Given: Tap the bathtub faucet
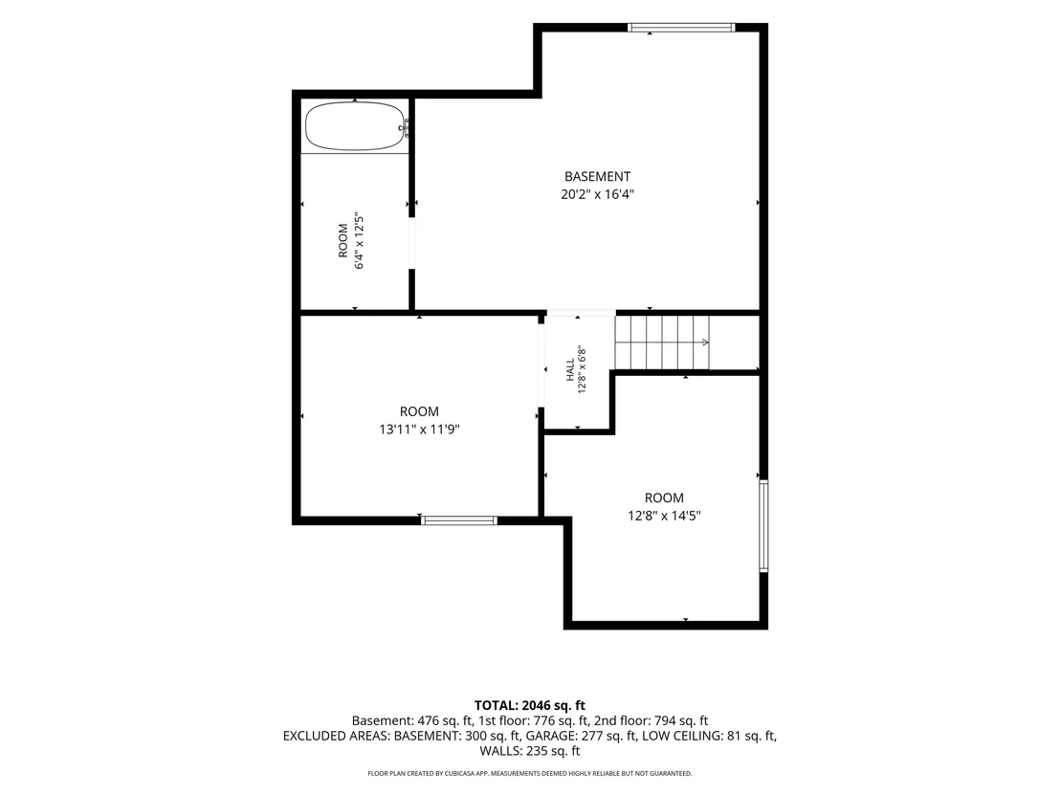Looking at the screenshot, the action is click(406, 126).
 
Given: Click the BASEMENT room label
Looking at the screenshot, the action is click(598, 176).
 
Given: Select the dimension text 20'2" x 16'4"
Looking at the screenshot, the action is click(598, 195).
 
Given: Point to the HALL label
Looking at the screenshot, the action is click(570, 370).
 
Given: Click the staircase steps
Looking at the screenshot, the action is click(662, 342).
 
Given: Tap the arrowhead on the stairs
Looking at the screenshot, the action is click(706, 342).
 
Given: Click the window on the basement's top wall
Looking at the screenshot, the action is click(681, 28).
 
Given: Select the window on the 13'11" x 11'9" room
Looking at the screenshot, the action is click(459, 520).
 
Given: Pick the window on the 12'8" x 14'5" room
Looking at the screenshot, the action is click(763, 526).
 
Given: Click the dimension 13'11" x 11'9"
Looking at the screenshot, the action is click(420, 430).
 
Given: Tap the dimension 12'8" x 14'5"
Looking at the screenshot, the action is click(664, 516).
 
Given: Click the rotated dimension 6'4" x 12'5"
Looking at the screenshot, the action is click(360, 241).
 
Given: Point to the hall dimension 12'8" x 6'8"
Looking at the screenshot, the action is click(582, 370).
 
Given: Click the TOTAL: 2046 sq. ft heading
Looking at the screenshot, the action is click(530, 706).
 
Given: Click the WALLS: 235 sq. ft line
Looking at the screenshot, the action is click(530, 750).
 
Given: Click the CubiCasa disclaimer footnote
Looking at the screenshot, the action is click(530, 773).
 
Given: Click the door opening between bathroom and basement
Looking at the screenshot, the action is click(411, 243).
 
